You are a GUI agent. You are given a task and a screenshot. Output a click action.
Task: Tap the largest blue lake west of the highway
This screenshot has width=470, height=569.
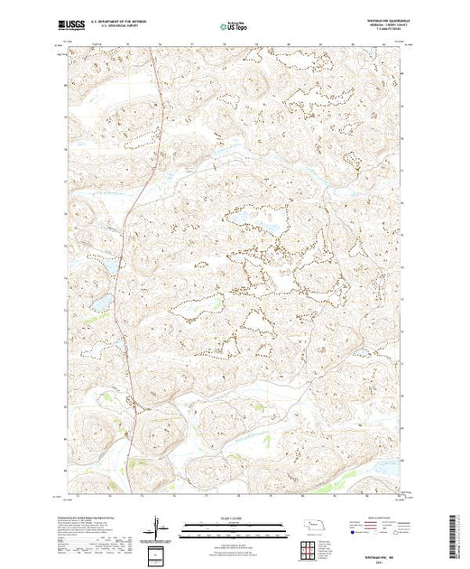(x=102, y=301)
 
